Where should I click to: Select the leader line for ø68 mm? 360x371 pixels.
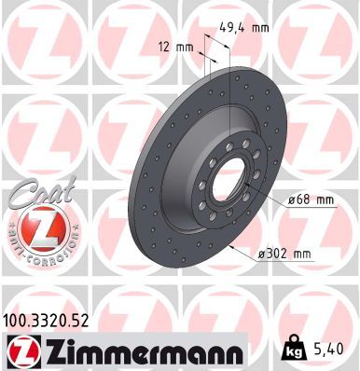tap(270, 199)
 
